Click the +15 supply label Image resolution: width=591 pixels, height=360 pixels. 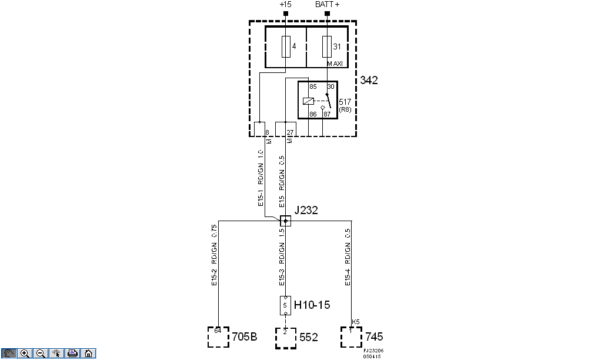point(285,5)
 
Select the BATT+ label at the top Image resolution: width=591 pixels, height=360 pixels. point(327,5)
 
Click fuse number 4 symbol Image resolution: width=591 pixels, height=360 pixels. point(286,46)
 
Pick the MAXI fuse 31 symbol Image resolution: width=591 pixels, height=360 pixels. point(327,46)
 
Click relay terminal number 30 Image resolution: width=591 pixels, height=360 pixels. point(330,87)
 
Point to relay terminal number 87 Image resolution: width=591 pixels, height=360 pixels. point(328,114)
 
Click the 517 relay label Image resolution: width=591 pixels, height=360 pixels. point(345,102)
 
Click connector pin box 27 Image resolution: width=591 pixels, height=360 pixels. point(285,129)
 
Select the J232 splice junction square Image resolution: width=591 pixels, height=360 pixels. point(285,221)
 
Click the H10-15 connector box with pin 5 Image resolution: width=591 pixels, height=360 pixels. point(286,305)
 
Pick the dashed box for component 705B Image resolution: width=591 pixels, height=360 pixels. point(218,337)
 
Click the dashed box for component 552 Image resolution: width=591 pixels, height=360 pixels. point(286,338)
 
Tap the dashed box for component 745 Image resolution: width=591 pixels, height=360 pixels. point(351,337)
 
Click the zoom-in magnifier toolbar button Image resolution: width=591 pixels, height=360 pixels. point(25,354)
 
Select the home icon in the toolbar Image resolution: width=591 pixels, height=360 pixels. point(88,354)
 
